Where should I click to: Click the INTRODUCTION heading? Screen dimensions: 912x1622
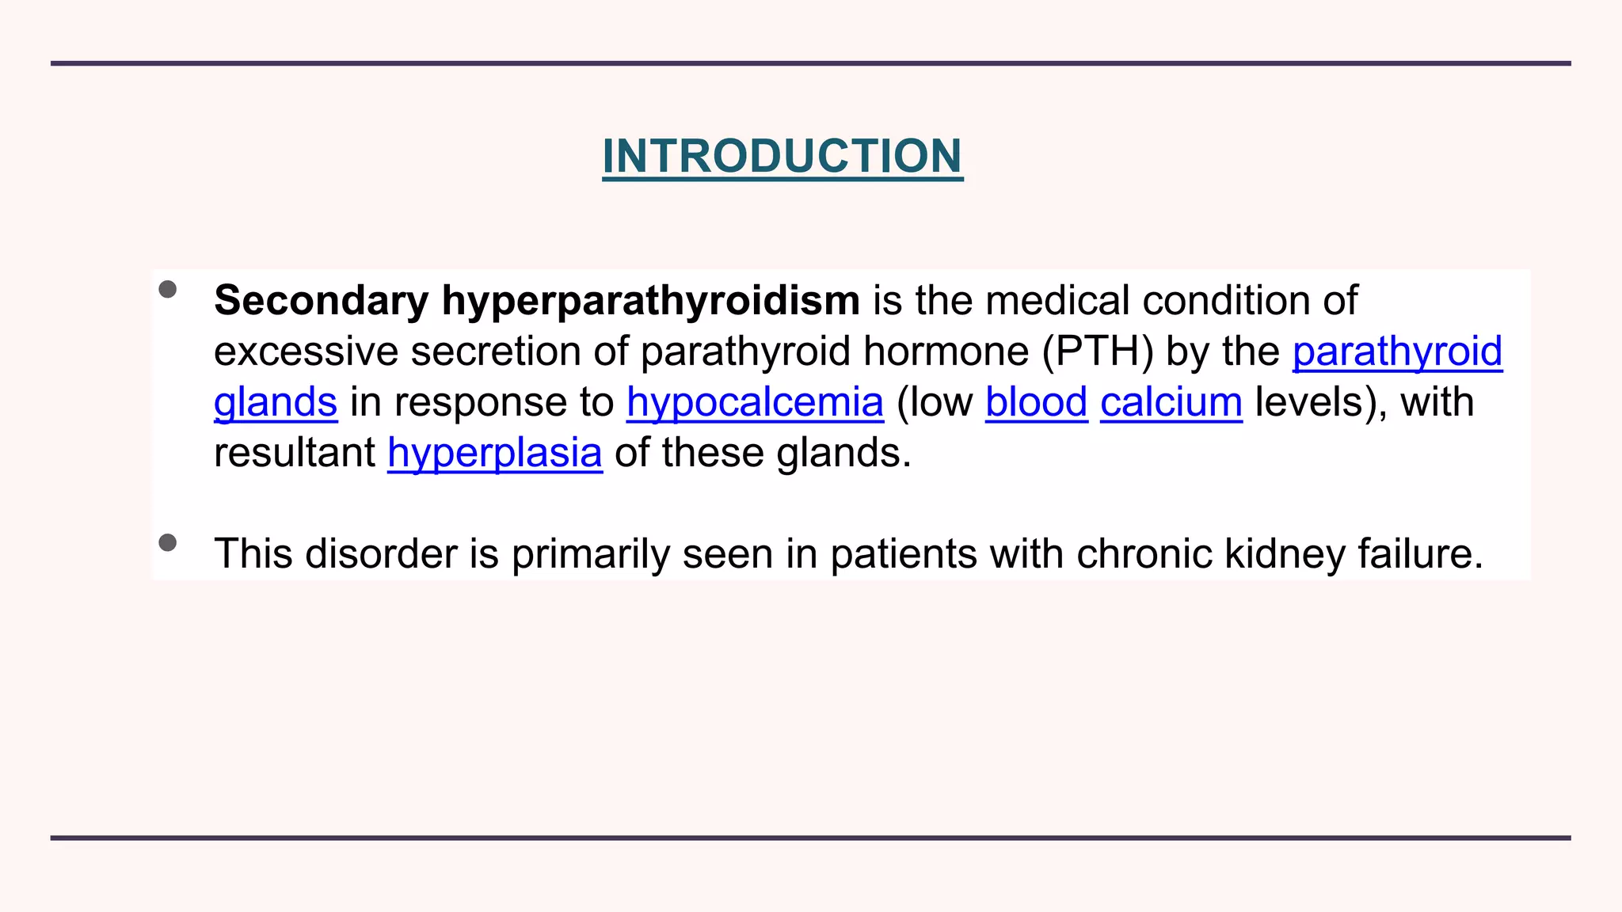782,156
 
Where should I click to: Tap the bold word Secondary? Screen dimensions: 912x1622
321,302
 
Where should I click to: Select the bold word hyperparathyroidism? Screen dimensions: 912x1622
650,302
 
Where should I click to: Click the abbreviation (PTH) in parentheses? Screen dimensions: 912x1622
1098,352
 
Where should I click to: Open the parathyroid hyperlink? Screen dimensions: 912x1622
1397,352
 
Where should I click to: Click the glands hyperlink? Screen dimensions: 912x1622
276,403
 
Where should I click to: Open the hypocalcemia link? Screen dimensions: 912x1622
755,403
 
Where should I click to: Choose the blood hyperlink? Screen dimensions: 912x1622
1036,403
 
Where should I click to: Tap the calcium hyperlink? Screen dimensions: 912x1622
1171,403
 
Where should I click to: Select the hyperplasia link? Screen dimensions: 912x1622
495,454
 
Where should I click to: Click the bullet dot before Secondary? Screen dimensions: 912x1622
167,290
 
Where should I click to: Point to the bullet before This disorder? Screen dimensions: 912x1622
167,543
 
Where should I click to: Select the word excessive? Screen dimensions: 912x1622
306,352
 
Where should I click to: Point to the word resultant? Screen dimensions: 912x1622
295,454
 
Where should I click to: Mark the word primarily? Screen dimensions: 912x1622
590,554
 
